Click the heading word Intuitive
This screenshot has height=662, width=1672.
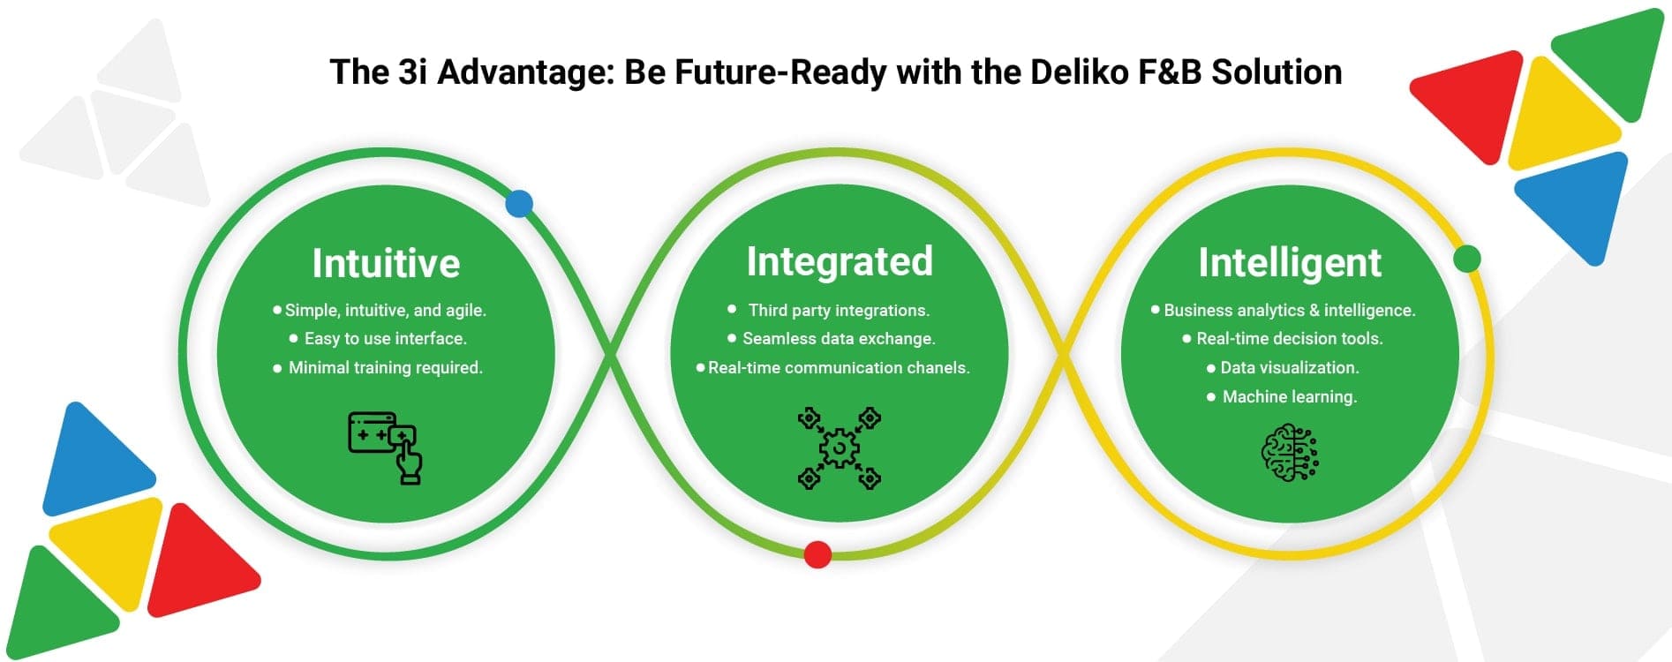pos(386,263)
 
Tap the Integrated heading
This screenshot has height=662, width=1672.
pos(840,261)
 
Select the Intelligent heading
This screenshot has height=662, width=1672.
pos(1290,263)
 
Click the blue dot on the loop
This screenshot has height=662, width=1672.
pos(519,204)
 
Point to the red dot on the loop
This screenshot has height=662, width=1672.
pos(817,554)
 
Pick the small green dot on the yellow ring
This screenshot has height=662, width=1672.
pos(1466,259)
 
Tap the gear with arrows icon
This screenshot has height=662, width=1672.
pos(840,448)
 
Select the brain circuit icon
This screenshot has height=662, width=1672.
pos(1290,453)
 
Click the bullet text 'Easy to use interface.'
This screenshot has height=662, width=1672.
pos(386,339)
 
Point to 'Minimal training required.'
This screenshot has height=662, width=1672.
pos(386,368)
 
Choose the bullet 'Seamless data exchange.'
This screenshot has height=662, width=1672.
pos(839,339)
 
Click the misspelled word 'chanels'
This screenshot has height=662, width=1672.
pos(939,368)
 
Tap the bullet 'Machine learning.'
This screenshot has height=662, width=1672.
pos(1290,397)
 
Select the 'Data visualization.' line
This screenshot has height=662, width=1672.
pos(1290,368)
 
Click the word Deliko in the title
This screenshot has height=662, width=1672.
pos(1076,72)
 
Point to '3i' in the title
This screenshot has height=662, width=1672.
pos(412,72)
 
